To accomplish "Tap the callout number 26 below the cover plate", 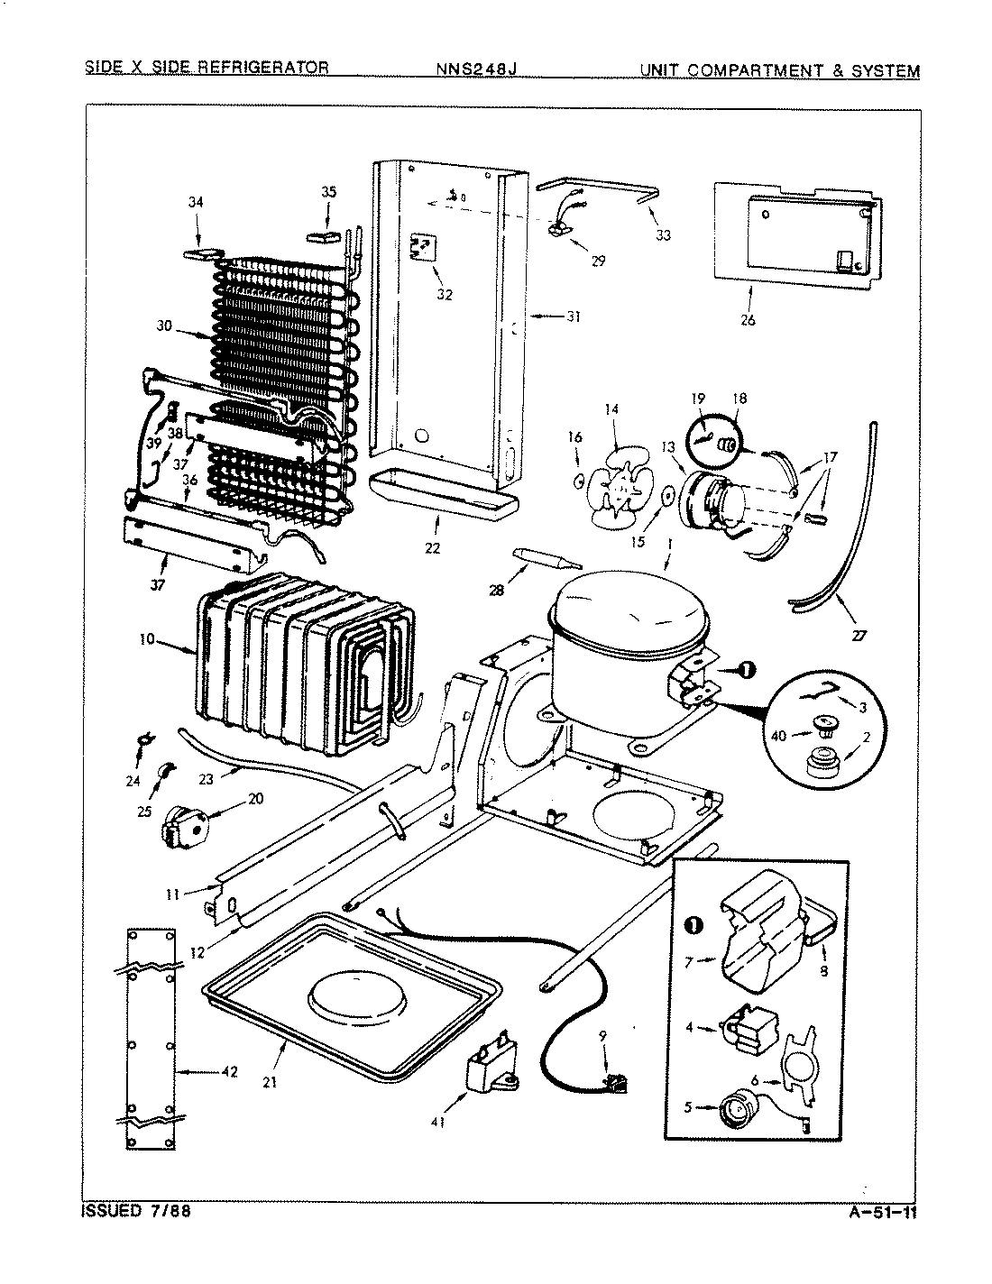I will click(x=748, y=318).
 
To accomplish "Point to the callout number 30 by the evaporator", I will click(x=164, y=326).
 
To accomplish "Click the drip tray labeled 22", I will click(x=442, y=496).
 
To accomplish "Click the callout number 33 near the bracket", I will click(x=664, y=235).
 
